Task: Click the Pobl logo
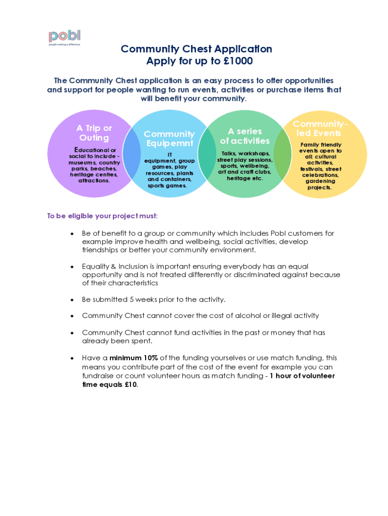[64, 37]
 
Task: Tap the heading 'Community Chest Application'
[197, 49]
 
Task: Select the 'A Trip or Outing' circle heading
[94, 133]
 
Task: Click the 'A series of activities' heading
[245, 136]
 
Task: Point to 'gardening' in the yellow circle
[320, 181]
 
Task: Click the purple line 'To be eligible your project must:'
[102, 216]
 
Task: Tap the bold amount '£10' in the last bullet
[131, 384]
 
